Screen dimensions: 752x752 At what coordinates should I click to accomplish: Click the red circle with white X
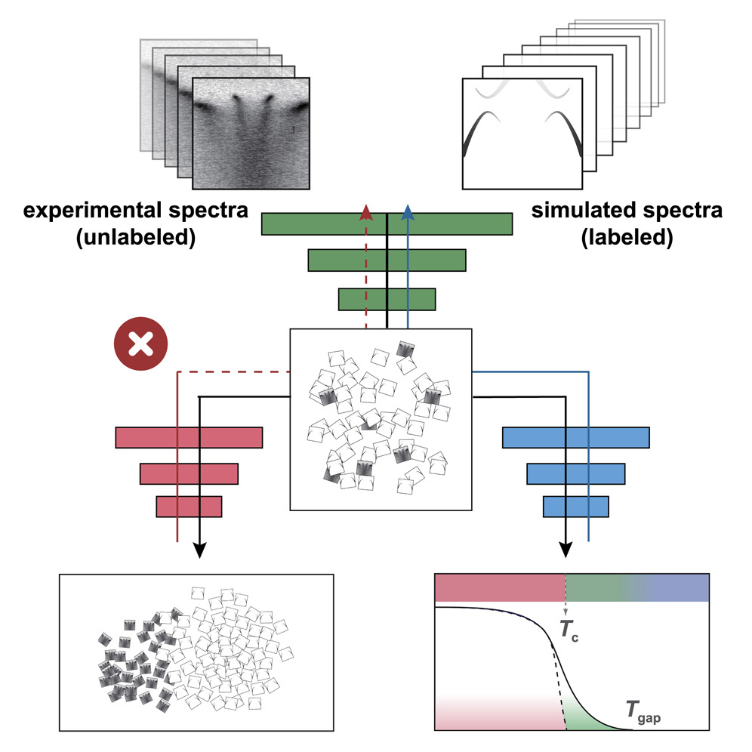point(140,347)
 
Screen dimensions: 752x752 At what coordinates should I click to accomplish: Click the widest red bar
point(189,438)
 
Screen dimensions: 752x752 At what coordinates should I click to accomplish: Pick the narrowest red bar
point(189,506)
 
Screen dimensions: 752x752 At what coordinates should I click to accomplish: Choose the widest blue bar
point(575,438)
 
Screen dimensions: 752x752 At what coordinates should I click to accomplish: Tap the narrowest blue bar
point(575,506)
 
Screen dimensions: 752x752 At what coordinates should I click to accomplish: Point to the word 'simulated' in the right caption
point(581,211)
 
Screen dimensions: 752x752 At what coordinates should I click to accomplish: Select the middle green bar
point(387,260)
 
